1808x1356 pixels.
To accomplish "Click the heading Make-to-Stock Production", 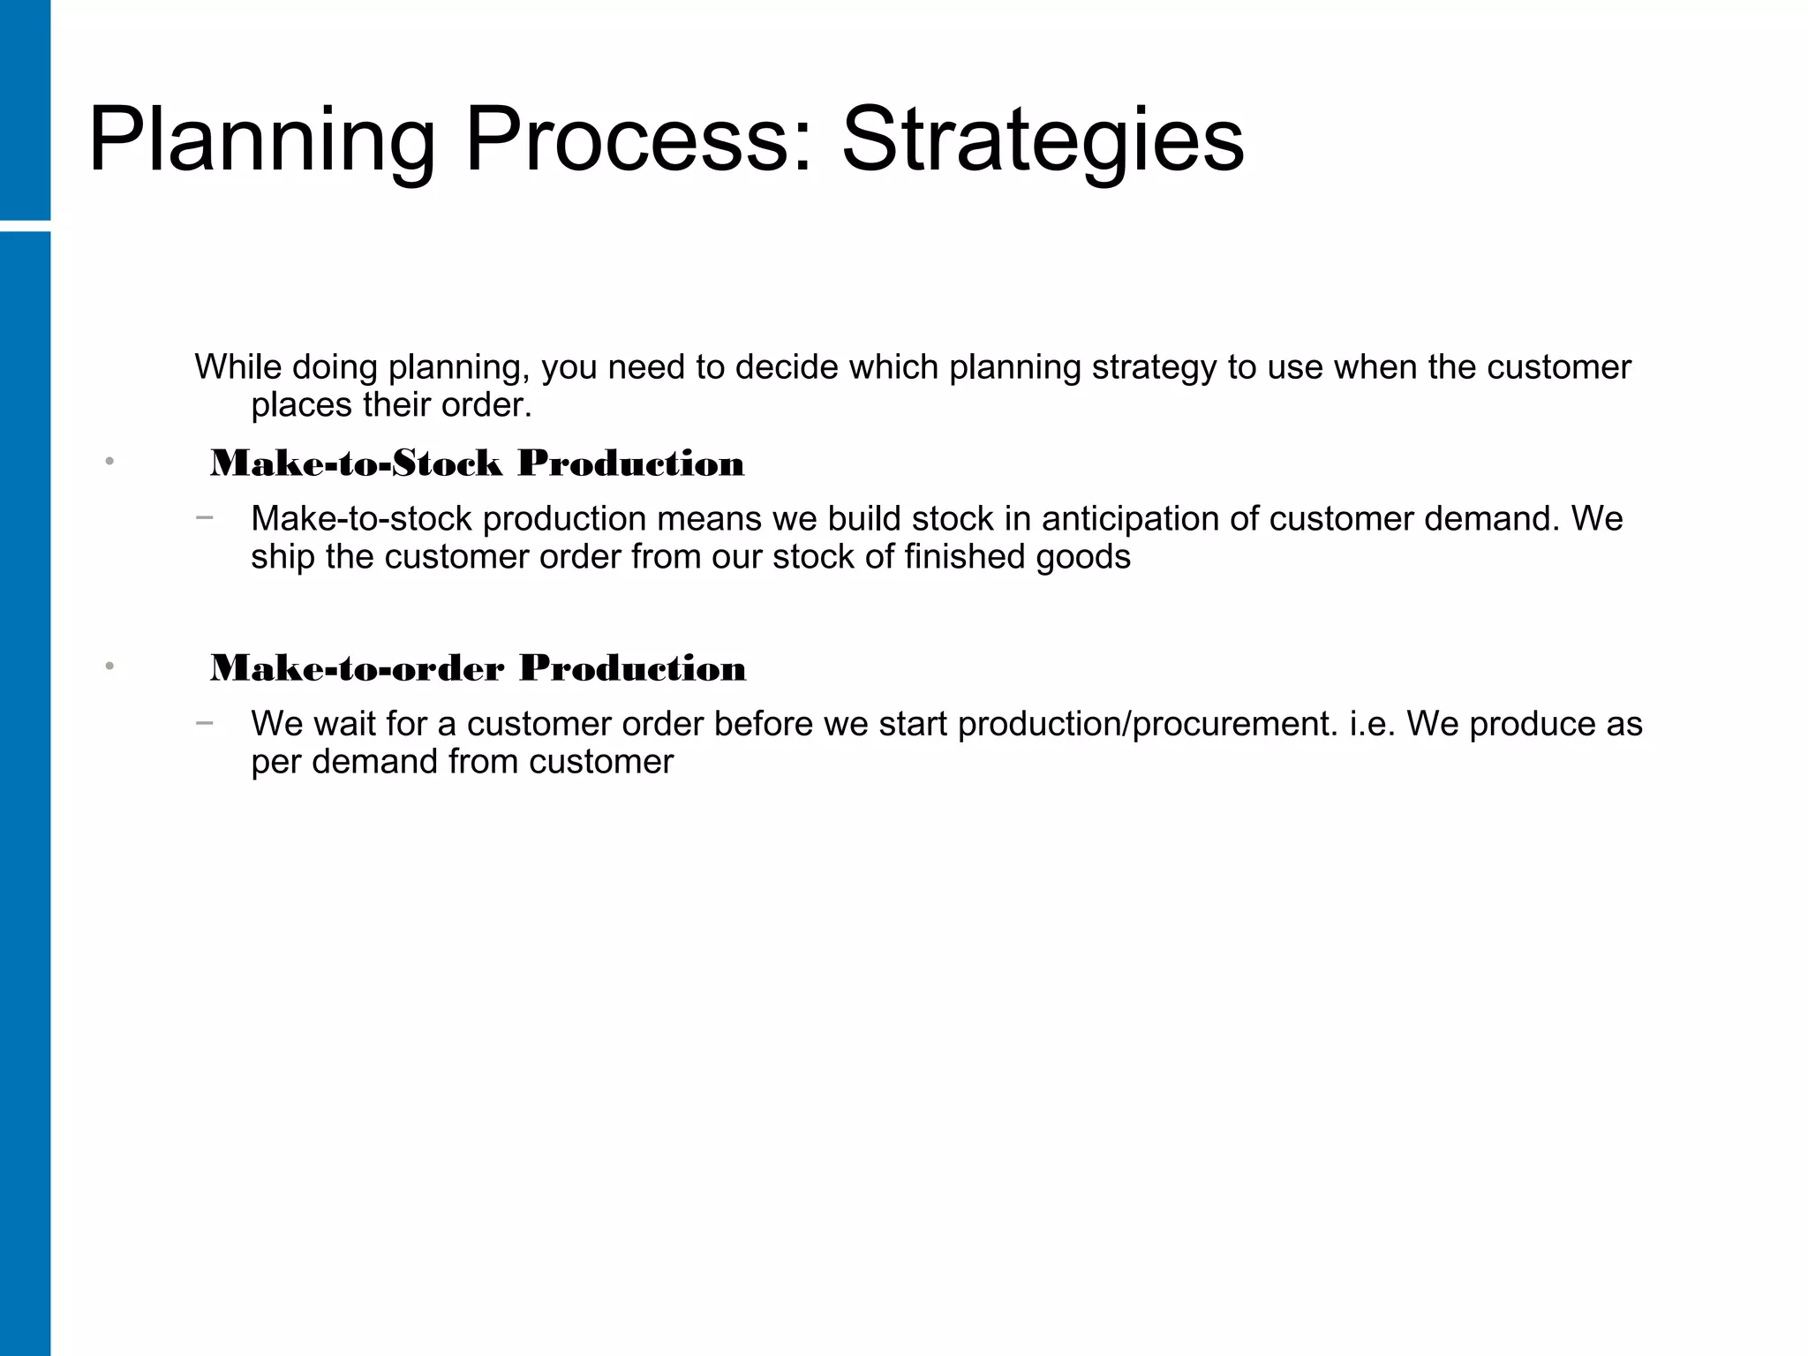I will pos(477,463).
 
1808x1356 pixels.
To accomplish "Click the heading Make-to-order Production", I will pos(478,668).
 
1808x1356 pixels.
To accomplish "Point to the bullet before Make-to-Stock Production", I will pos(109,462).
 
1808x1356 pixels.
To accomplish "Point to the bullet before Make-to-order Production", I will pos(109,667).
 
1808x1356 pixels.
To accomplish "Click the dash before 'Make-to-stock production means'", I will pos(205,517).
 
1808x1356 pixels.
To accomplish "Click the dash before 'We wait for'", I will pos(205,723).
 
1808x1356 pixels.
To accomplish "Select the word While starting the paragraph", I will pos(237,367).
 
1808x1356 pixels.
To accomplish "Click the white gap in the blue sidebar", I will pos(25,226).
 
